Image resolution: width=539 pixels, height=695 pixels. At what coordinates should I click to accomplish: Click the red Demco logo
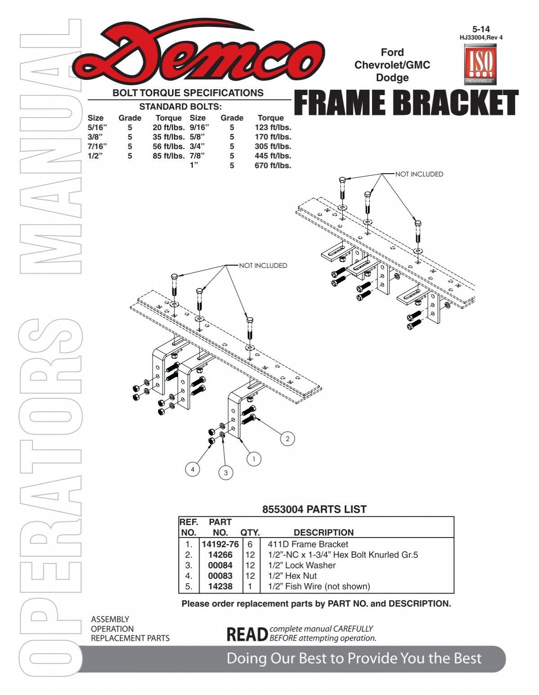click(199, 51)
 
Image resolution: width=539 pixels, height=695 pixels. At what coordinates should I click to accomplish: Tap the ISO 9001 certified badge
click(481, 64)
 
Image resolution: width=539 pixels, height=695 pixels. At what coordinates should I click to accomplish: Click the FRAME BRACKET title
click(406, 103)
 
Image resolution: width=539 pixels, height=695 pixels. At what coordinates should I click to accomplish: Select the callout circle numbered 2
click(287, 438)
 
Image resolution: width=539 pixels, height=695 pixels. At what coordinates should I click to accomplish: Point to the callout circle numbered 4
click(192, 469)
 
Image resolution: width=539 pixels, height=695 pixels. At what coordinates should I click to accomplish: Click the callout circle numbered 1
click(254, 459)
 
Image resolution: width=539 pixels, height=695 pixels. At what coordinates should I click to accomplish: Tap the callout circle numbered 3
click(225, 472)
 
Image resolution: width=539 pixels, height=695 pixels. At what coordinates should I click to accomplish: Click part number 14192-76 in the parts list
click(220, 544)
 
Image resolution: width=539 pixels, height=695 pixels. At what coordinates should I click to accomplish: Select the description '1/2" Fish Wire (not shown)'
click(319, 586)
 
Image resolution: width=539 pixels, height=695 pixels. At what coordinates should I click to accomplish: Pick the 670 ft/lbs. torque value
click(273, 166)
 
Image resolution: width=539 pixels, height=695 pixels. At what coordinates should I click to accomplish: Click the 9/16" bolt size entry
click(199, 127)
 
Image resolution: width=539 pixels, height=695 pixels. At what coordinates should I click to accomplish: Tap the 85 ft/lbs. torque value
click(169, 156)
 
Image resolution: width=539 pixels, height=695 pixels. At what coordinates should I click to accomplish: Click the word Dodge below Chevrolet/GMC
click(393, 78)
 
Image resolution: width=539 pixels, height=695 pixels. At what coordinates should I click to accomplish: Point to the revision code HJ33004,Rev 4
click(481, 37)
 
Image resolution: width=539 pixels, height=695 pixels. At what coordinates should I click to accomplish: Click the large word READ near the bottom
click(247, 634)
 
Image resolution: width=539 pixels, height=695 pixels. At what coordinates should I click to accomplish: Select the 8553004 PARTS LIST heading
click(314, 509)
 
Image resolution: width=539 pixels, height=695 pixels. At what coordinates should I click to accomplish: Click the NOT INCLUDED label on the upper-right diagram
click(419, 174)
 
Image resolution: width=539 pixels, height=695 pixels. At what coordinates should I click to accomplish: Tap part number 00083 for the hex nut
click(220, 576)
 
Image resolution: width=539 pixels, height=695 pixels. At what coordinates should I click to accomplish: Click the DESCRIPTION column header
click(323, 532)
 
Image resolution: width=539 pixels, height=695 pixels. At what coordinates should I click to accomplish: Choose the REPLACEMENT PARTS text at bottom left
click(130, 638)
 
